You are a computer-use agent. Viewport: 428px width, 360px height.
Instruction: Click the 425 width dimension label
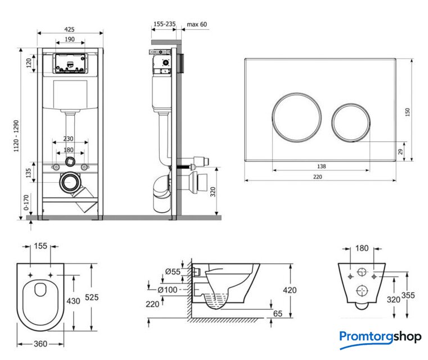tap(70, 29)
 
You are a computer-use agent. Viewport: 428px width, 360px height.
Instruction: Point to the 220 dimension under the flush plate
tap(318, 176)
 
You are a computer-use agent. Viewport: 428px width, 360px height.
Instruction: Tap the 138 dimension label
tap(321, 166)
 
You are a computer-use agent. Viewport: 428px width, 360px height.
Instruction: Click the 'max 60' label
tap(197, 25)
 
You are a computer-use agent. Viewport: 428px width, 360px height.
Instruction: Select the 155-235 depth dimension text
tap(164, 25)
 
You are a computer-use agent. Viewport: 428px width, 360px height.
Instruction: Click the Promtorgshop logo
tap(380, 337)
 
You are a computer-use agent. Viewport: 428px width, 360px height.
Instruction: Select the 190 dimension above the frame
tap(70, 39)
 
